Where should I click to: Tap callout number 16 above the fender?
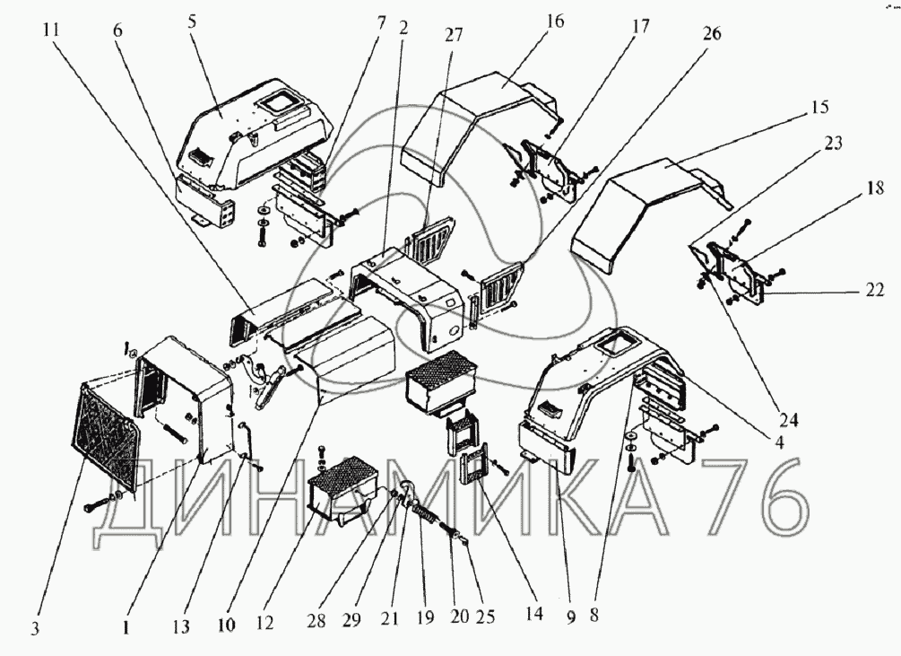pos(556,22)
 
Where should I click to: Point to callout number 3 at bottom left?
pos(35,629)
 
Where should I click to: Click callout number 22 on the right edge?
pos(875,290)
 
